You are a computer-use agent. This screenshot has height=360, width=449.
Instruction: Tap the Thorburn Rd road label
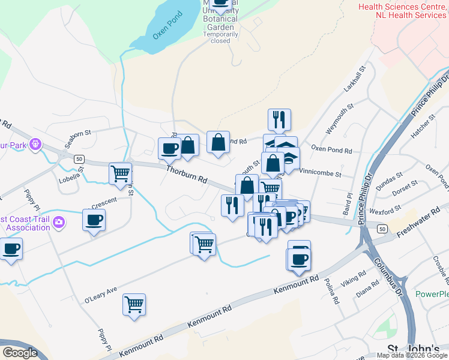(x=187, y=175)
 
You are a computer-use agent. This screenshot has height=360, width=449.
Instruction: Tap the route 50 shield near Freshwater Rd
(x=382, y=229)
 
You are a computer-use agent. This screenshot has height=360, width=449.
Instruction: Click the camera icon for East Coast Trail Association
(x=58, y=223)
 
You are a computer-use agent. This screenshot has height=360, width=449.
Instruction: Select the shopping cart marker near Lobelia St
(x=120, y=173)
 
